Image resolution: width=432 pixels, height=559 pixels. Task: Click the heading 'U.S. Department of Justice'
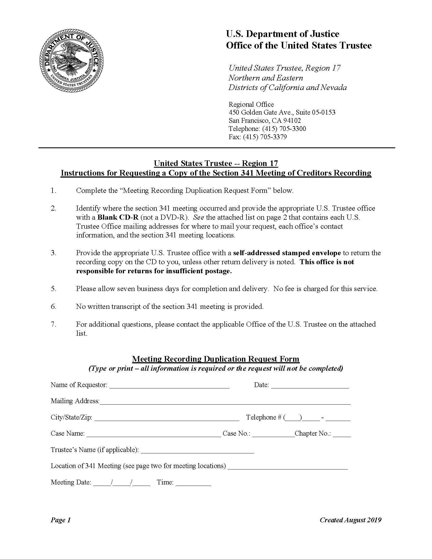tap(282, 34)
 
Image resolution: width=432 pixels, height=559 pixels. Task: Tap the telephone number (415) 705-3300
tap(284, 129)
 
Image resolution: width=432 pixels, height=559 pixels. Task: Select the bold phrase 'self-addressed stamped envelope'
tap(287, 253)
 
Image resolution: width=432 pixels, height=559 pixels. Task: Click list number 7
tap(54, 324)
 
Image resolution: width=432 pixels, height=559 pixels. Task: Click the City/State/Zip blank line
tap(167, 418)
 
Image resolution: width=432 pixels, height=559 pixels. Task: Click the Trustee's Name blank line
tap(197, 451)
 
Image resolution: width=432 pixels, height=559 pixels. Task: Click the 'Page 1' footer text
tap(60, 520)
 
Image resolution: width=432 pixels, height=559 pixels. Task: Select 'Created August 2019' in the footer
tap(350, 520)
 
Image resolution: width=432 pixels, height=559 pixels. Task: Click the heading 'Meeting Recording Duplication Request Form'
tap(216, 359)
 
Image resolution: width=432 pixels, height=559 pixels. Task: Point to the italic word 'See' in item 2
tap(199, 217)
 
